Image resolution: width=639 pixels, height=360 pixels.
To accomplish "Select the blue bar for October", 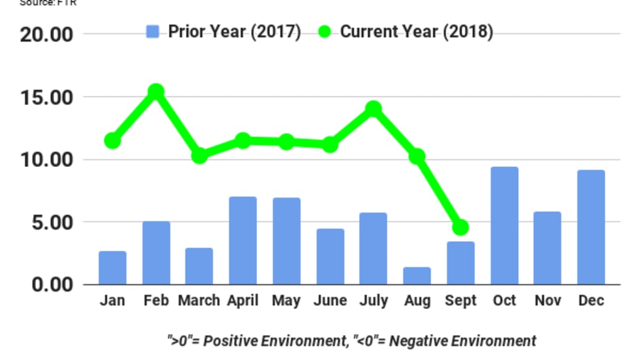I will click(504, 226).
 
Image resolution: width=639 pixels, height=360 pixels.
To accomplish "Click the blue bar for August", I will click(417, 276).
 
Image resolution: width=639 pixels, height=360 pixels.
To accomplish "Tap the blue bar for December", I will click(591, 227).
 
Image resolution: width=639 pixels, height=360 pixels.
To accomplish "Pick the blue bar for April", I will click(243, 241).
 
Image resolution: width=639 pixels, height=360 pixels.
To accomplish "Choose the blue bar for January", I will click(113, 268).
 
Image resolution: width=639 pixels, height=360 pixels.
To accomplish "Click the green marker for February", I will click(155, 92).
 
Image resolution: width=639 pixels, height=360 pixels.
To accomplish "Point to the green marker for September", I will click(460, 228).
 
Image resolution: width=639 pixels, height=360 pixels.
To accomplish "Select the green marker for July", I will click(374, 108).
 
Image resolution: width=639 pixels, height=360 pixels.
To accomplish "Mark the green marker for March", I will click(200, 155).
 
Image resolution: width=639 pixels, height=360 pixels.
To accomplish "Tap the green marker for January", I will click(112, 140).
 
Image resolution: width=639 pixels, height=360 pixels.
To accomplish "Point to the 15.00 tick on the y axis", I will click(46, 98).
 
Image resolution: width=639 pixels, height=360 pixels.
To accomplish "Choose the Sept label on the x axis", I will click(460, 301).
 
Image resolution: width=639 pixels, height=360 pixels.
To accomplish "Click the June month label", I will click(330, 301).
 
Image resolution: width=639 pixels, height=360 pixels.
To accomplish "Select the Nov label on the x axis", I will click(548, 301).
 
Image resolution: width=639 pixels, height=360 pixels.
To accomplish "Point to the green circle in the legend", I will click(326, 32).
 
